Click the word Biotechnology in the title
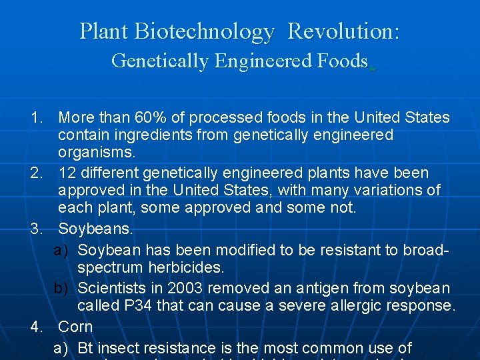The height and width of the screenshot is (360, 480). pos(204,31)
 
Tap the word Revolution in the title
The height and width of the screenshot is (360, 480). pos(343,31)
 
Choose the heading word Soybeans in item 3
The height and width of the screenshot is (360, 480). pos(95,229)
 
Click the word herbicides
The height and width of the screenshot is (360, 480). pos(183,267)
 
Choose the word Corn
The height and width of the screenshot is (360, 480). pos(75,327)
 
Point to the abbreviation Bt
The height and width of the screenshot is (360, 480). pos(86,348)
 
